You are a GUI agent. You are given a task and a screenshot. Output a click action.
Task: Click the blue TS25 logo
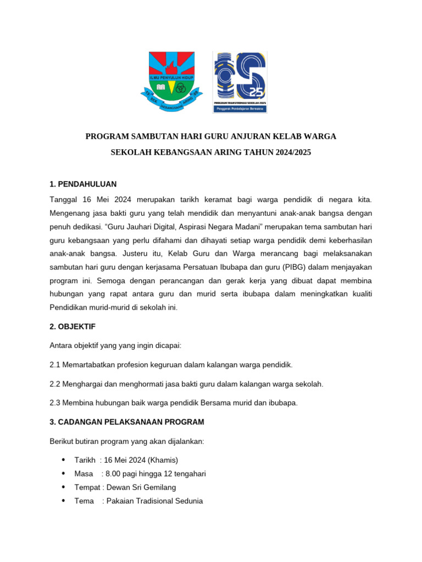(240, 82)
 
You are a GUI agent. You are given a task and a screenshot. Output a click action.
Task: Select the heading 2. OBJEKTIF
(73, 327)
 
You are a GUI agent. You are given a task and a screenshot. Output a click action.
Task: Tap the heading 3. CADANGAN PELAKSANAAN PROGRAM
(126, 422)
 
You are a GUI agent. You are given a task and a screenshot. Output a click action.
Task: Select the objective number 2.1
(55, 365)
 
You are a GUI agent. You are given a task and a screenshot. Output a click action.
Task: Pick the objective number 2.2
(55, 384)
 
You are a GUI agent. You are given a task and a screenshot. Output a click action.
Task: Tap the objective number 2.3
(55, 403)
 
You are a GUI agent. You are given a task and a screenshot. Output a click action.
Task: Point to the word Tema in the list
(84, 501)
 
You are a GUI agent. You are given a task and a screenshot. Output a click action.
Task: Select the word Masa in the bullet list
(84, 474)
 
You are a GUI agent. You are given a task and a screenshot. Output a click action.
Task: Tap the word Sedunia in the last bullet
(187, 501)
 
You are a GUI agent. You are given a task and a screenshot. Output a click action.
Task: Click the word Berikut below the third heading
(63, 441)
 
